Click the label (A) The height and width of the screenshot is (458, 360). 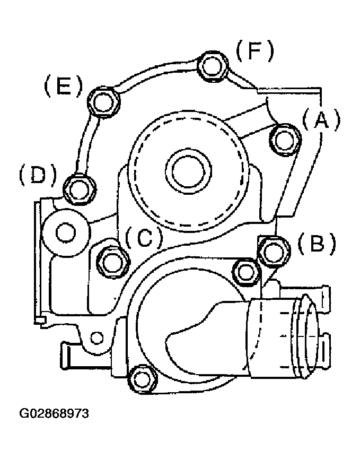pyautogui.click(x=321, y=119)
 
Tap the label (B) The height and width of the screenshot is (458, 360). pyautogui.click(x=317, y=243)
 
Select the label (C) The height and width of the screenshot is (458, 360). pyautogui.click(x=144, y=237)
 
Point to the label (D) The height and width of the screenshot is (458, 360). pyautogui.click(x=37, y=175)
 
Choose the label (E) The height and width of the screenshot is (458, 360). pyautogui.click(x=63, y=86)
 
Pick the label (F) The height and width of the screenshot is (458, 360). pyautogui.click(x=255, y=50)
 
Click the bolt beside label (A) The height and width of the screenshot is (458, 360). pyautogui.click(x=285, y=140)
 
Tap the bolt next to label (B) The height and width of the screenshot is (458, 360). pyautogui.click(x=274, y=252)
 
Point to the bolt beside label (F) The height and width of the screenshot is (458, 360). pyautogui.click(x=213, y=66)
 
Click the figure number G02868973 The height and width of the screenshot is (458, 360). pyautogui.click(x=54, y=413)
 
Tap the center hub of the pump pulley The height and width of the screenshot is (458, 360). pyautogui.click(x=188, y=171)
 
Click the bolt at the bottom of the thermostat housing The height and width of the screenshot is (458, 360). pyautogui.click(x=143, y=379)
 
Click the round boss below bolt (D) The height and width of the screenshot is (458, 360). pyautogui.click(x=65, y=233)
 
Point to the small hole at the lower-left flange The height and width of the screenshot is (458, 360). pyautogui.click(x=96, y=338)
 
